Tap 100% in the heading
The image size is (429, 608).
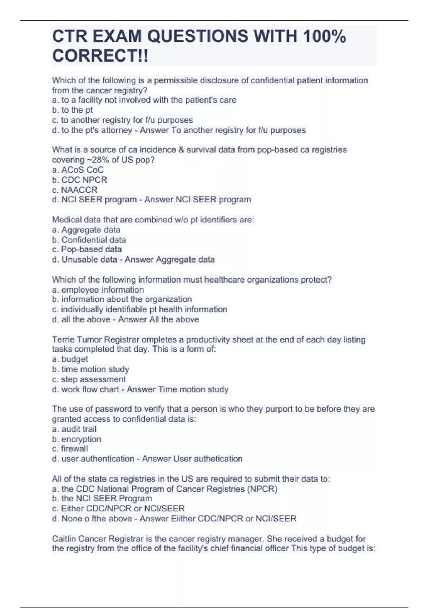pos(324,36)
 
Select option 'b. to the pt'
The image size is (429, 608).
pos(72,110)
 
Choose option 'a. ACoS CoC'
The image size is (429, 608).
pos(78,170)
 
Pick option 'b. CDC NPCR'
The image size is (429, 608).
pos(79,180)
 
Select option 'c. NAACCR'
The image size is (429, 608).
pos(74,190)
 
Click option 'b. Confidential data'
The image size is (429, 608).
pos(89,240)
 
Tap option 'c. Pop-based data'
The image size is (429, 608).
pos(87,249)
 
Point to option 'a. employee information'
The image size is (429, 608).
pos(98,290)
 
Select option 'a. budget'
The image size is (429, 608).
pos(70,359)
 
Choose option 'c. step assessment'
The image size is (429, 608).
pos(89,379)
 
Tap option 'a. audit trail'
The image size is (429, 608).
pos(74,429)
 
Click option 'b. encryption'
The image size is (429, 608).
pos(77,439)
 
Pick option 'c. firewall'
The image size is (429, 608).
pos(70,449)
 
